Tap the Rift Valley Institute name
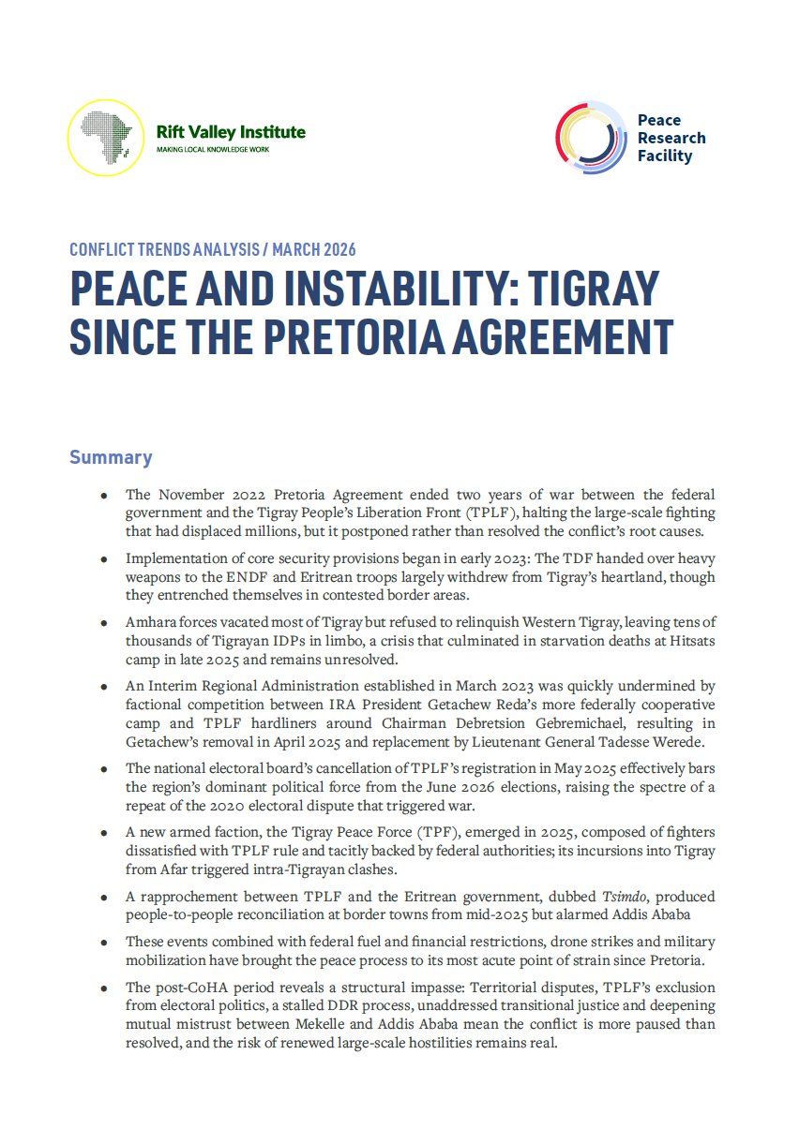point(231,132)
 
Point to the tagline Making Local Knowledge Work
point(213,150)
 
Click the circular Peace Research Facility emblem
point(591,138)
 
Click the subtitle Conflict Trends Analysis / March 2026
point(213,249)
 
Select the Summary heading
point(111,457)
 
